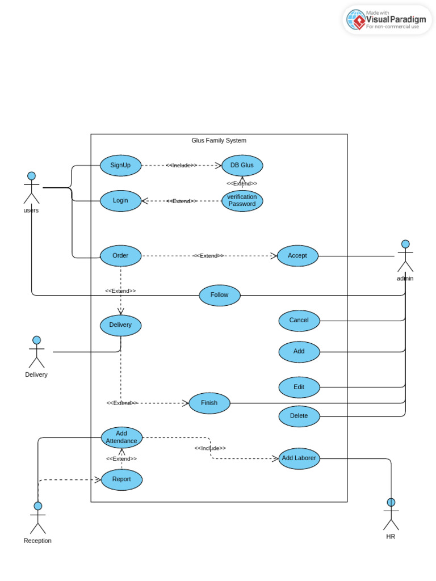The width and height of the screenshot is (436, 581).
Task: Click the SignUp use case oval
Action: (120, 165)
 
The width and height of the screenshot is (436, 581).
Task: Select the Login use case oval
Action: (120, 201)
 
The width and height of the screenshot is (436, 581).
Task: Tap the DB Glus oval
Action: (242, 165)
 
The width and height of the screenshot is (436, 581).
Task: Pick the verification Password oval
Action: (242, 201)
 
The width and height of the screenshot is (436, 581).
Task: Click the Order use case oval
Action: (120, 256)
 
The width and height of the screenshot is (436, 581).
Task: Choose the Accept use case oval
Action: (297, 256)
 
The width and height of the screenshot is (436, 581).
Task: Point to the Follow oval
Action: (220, 295)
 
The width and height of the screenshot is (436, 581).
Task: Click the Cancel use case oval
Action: (299, 321)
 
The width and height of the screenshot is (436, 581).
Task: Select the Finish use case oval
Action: (209, 403)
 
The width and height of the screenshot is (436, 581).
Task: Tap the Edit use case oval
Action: (299, 387)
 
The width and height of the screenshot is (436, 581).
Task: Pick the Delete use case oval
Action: (299, 416)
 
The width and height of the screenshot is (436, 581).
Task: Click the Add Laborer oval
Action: (299, 458)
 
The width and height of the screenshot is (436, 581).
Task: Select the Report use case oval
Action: (121, 479)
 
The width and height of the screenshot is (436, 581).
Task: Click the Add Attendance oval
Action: (121, 437)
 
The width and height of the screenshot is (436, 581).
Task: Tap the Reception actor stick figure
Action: (38, 517)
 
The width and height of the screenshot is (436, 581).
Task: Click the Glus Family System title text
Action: (219, 141)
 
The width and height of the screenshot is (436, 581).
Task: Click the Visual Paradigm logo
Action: (387, 20)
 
